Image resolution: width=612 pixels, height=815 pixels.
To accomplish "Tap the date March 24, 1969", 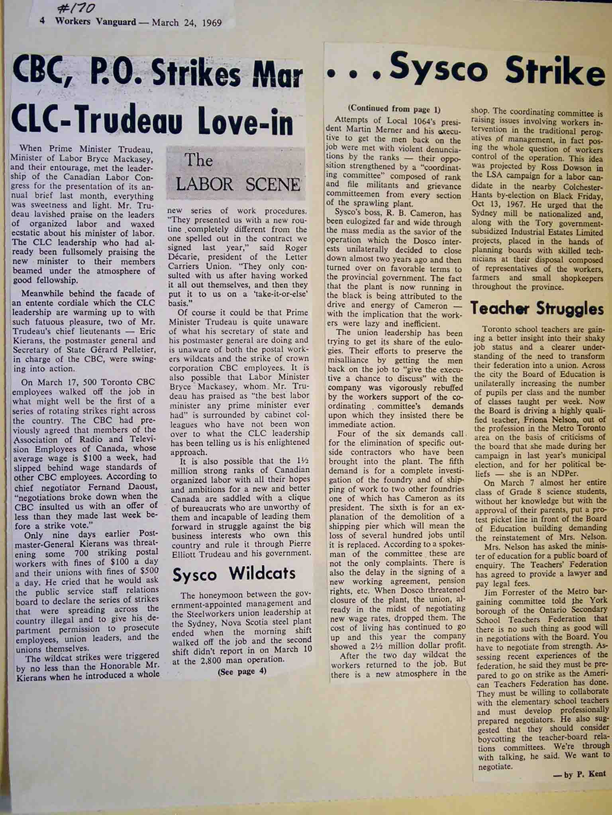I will pyautogui.click(x=186, y=22).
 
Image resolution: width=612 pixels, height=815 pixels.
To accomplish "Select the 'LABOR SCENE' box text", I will pyautogui.click(x=238, y=184).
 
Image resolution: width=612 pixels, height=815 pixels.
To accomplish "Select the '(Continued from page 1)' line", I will pyautogui.click(x=394, y=109).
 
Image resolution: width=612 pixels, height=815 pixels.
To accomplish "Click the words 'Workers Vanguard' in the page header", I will pyautogui.click(x=96, y=22).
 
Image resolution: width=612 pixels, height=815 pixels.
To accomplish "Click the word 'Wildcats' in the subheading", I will pyautogui.click(x=262, y=573).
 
